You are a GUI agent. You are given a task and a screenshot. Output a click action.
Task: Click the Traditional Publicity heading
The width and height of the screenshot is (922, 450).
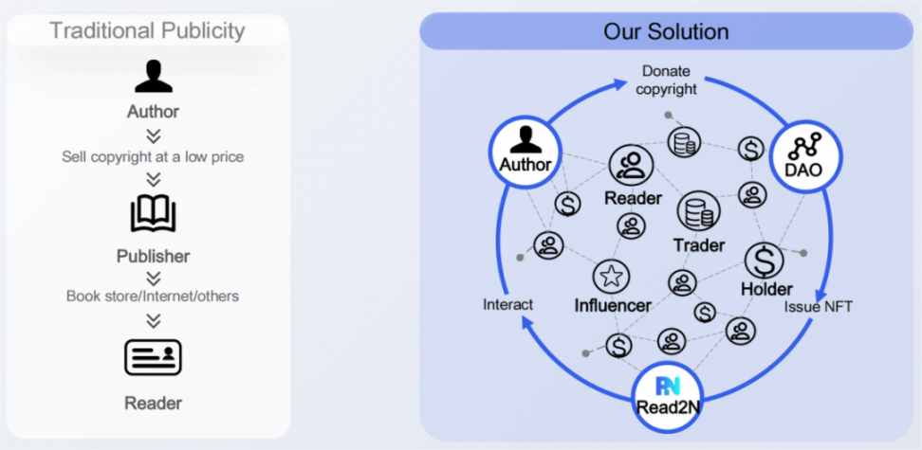(x=147, y=30)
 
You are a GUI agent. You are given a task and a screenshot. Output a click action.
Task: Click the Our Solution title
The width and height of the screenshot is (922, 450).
(x=666, y=31)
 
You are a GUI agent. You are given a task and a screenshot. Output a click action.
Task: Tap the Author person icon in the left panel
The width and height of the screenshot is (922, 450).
(x=153, y=78)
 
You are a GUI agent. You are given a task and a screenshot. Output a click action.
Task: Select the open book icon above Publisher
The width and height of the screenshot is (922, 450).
(x=153, y=214)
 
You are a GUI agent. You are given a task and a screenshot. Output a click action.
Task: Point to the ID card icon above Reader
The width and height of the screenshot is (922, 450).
(x=153, y=357)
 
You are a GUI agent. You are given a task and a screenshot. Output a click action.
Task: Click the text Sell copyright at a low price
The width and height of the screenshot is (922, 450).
(x=153, y=156)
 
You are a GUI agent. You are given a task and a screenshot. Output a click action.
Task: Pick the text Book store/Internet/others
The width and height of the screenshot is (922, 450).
(x=153, y=296)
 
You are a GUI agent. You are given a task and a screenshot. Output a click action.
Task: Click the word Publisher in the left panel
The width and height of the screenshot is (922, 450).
(x=153, y=256)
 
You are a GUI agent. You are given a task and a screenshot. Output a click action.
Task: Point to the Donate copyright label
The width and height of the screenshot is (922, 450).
(x=666, y=80)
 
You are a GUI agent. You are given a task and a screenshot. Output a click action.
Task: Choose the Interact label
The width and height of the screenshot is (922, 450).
(x=507, y=304)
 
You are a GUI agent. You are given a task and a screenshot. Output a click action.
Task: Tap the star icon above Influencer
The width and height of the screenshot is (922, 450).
(x=612, y=277)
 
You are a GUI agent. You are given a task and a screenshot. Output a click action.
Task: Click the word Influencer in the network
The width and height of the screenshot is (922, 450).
(x=613, y=305)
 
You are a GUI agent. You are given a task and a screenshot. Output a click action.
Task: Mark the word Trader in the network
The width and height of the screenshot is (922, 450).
(x=699, y=245)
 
